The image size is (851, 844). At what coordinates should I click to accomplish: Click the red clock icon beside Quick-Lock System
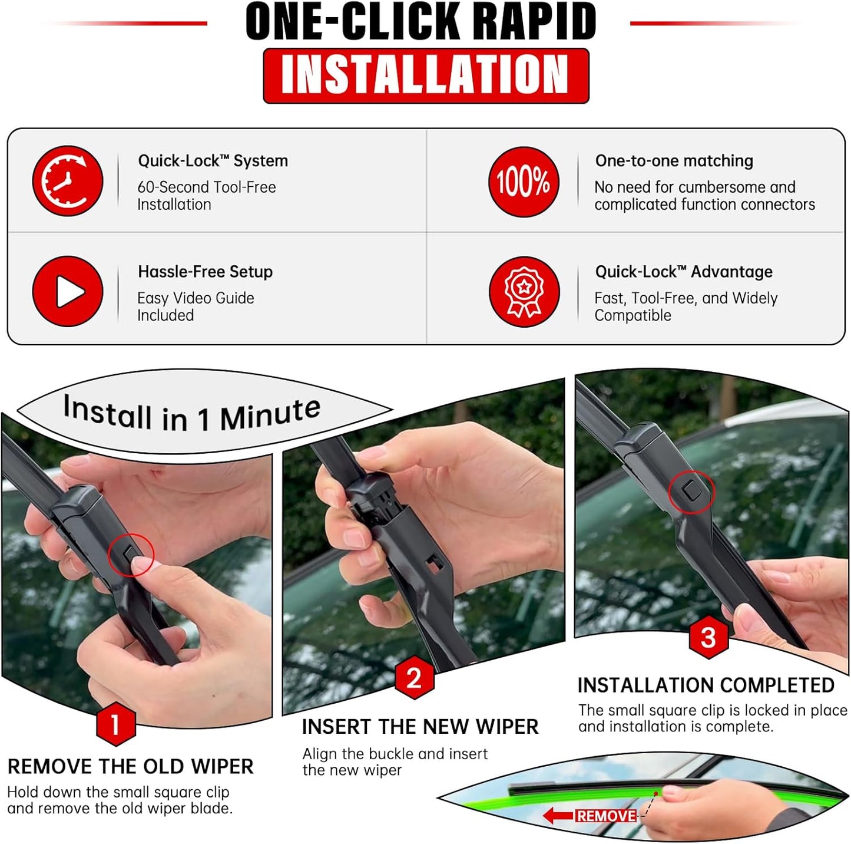pyautogui.click(x=68, y=181)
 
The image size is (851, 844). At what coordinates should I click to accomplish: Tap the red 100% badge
pyautogui.click(x=523, y=182)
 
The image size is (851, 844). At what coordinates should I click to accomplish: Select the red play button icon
pyautogui.click(x=68, y=291)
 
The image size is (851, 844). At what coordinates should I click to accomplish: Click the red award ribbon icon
pyautogui.click(x=524, y=292)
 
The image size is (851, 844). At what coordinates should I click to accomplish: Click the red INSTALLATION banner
pyautogui.click(x=426, y=75)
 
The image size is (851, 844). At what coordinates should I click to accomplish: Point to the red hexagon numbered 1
pyautogui.click(x=115, y=724)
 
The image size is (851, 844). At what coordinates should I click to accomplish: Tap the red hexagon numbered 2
pyautogui.click(x=414, y=678)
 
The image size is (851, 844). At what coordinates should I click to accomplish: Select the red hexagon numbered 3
pyautogui.click(x=708, y=637)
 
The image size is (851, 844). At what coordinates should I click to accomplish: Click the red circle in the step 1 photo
pyautogui.click(x=131, y=555)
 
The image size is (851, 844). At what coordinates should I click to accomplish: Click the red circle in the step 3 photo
pyautogui.click(x=691, y=492)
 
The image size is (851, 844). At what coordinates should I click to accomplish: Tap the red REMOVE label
pyautogui.click(x=606, y=816)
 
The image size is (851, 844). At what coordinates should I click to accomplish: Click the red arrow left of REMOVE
pyautogui.click(x=557, y=816)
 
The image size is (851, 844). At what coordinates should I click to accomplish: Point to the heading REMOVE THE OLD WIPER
pyautogui.click(x=130, y=766)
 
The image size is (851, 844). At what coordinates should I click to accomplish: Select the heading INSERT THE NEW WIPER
pyautogui.click(x=420, y=727)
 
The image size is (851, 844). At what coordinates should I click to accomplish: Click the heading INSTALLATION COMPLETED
pyautogui.click(x=706, y=685)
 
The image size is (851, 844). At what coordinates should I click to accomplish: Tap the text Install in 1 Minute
pyautogui.click(x=192, y=414)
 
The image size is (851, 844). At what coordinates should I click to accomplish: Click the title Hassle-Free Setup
pyautogui.click(x=205, y=272)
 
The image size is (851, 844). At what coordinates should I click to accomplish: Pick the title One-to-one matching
pyautogui.click(x=674, y=161)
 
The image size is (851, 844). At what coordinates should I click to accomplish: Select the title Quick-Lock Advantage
pyautogui.click(x=683, y=272)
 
